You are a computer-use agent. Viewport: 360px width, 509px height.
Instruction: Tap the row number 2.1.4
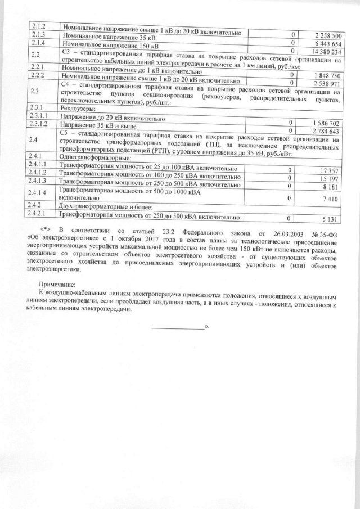38,43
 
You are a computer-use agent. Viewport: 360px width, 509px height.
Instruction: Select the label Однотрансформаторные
94,158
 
